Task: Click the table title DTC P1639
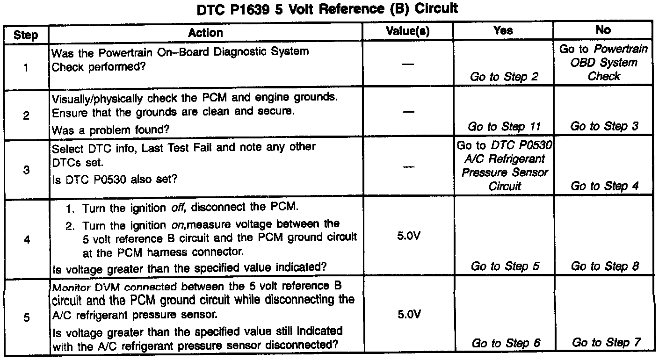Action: pos(327,9)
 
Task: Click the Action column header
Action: pos(206,33)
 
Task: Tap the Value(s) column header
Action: pos(408,31)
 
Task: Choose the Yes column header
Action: pos(503,31)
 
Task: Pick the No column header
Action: pos(603,30)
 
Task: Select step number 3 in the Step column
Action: pos(26,171)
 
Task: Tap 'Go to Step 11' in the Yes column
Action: pos(504,126)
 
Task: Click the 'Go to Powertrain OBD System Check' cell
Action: pos(604,63)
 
